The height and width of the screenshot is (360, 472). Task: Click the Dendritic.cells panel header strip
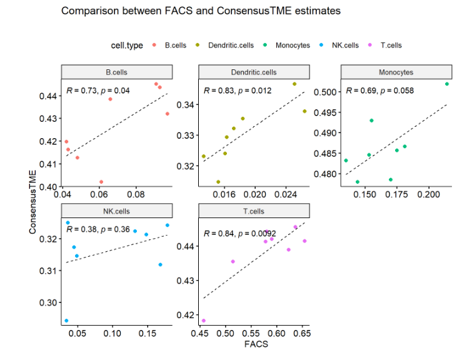pyautogui.click(x=253, y=72)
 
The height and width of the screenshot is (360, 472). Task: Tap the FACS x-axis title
pyautogui.click(x=253, y=343)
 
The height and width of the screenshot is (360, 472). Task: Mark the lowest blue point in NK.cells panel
pyautogui.click(x=66, y=321)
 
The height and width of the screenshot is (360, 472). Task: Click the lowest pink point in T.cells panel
pyautogui.click(x=203, y=321)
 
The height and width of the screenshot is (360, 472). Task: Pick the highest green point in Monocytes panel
pyautogui.click(x=447, y=84)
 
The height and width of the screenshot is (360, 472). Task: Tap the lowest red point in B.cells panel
pyautogui.click(x=101, y=182)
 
